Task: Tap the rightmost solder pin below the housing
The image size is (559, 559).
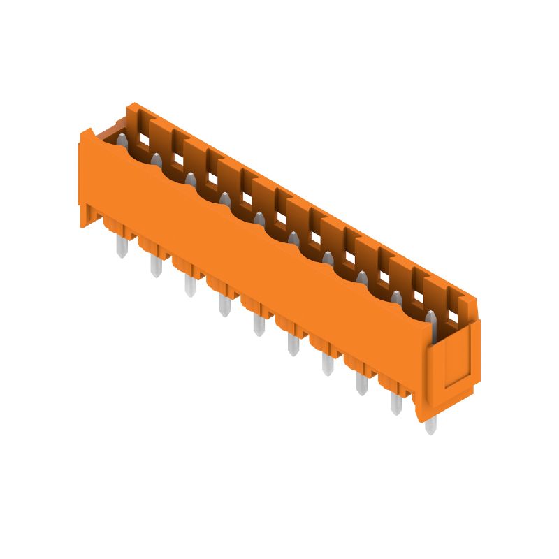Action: coord(430,423)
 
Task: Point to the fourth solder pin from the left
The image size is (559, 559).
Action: coord(224,305)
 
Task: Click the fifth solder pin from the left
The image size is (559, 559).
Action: coord(259,325)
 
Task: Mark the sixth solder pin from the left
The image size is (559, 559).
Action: coord(293,344)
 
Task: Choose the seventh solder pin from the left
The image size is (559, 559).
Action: coord(327,364)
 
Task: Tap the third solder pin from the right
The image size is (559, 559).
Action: coord(362,384)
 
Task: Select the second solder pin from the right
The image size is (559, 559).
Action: coord(396,404)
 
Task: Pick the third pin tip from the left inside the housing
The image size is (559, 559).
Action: coord(190,181)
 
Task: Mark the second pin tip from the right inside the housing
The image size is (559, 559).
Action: coord(396,299)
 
